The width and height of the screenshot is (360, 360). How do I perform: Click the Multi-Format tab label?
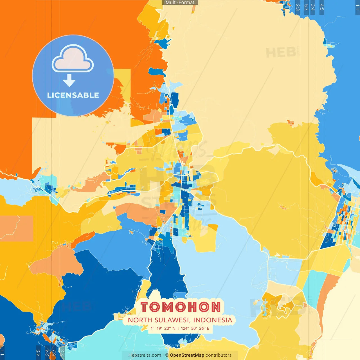(x=180, y=3)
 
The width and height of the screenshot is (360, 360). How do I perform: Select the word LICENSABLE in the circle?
(x=73, y=95)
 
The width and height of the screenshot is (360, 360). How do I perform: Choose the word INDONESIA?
(x=213, y=320)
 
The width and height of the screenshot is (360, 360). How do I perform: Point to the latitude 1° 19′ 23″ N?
(x=163, y=328)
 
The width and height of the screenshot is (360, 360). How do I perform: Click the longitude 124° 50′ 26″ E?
(x=195, y=328)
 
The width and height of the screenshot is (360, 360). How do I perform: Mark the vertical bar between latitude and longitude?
(x=178, y=328)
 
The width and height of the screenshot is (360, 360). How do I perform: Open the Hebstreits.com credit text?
(x=145, y=355)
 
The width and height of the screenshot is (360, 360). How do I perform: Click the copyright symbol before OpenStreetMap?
(x=167, y=355)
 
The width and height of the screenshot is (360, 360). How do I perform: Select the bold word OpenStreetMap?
(x=187, y=355)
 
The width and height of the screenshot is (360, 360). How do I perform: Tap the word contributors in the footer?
(x=219, y=355)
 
